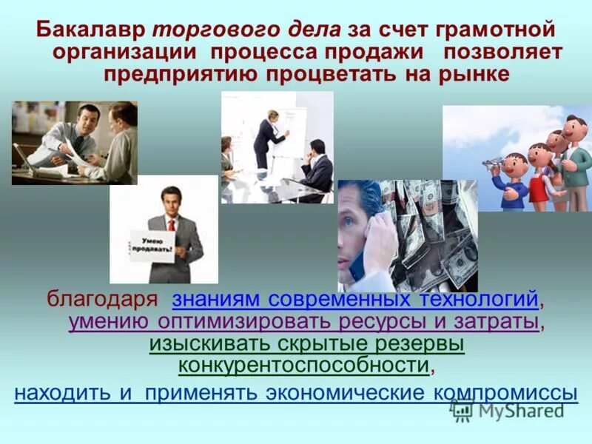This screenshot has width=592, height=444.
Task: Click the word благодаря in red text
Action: pyautogui.click(x=104, y=300)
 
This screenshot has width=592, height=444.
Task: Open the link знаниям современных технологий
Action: pyautogui.click(x=354, y=300)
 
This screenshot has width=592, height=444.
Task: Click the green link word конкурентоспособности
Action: pyautogui.click(x=303, y=365)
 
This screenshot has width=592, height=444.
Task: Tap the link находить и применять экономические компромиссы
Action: pyautogui.click(x=295, y=391)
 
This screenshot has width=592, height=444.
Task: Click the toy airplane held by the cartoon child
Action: pyautogui.click(x=496, y=161)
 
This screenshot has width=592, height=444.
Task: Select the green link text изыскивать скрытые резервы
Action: pyautogui.click(x=306, y=344)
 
